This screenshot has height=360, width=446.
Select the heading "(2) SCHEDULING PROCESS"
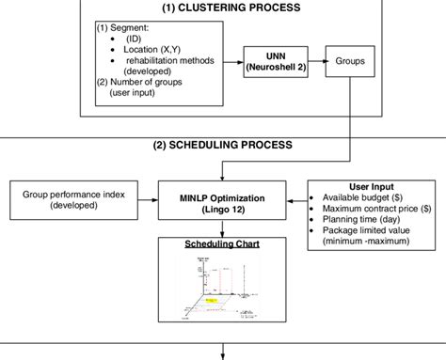(222, 145)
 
